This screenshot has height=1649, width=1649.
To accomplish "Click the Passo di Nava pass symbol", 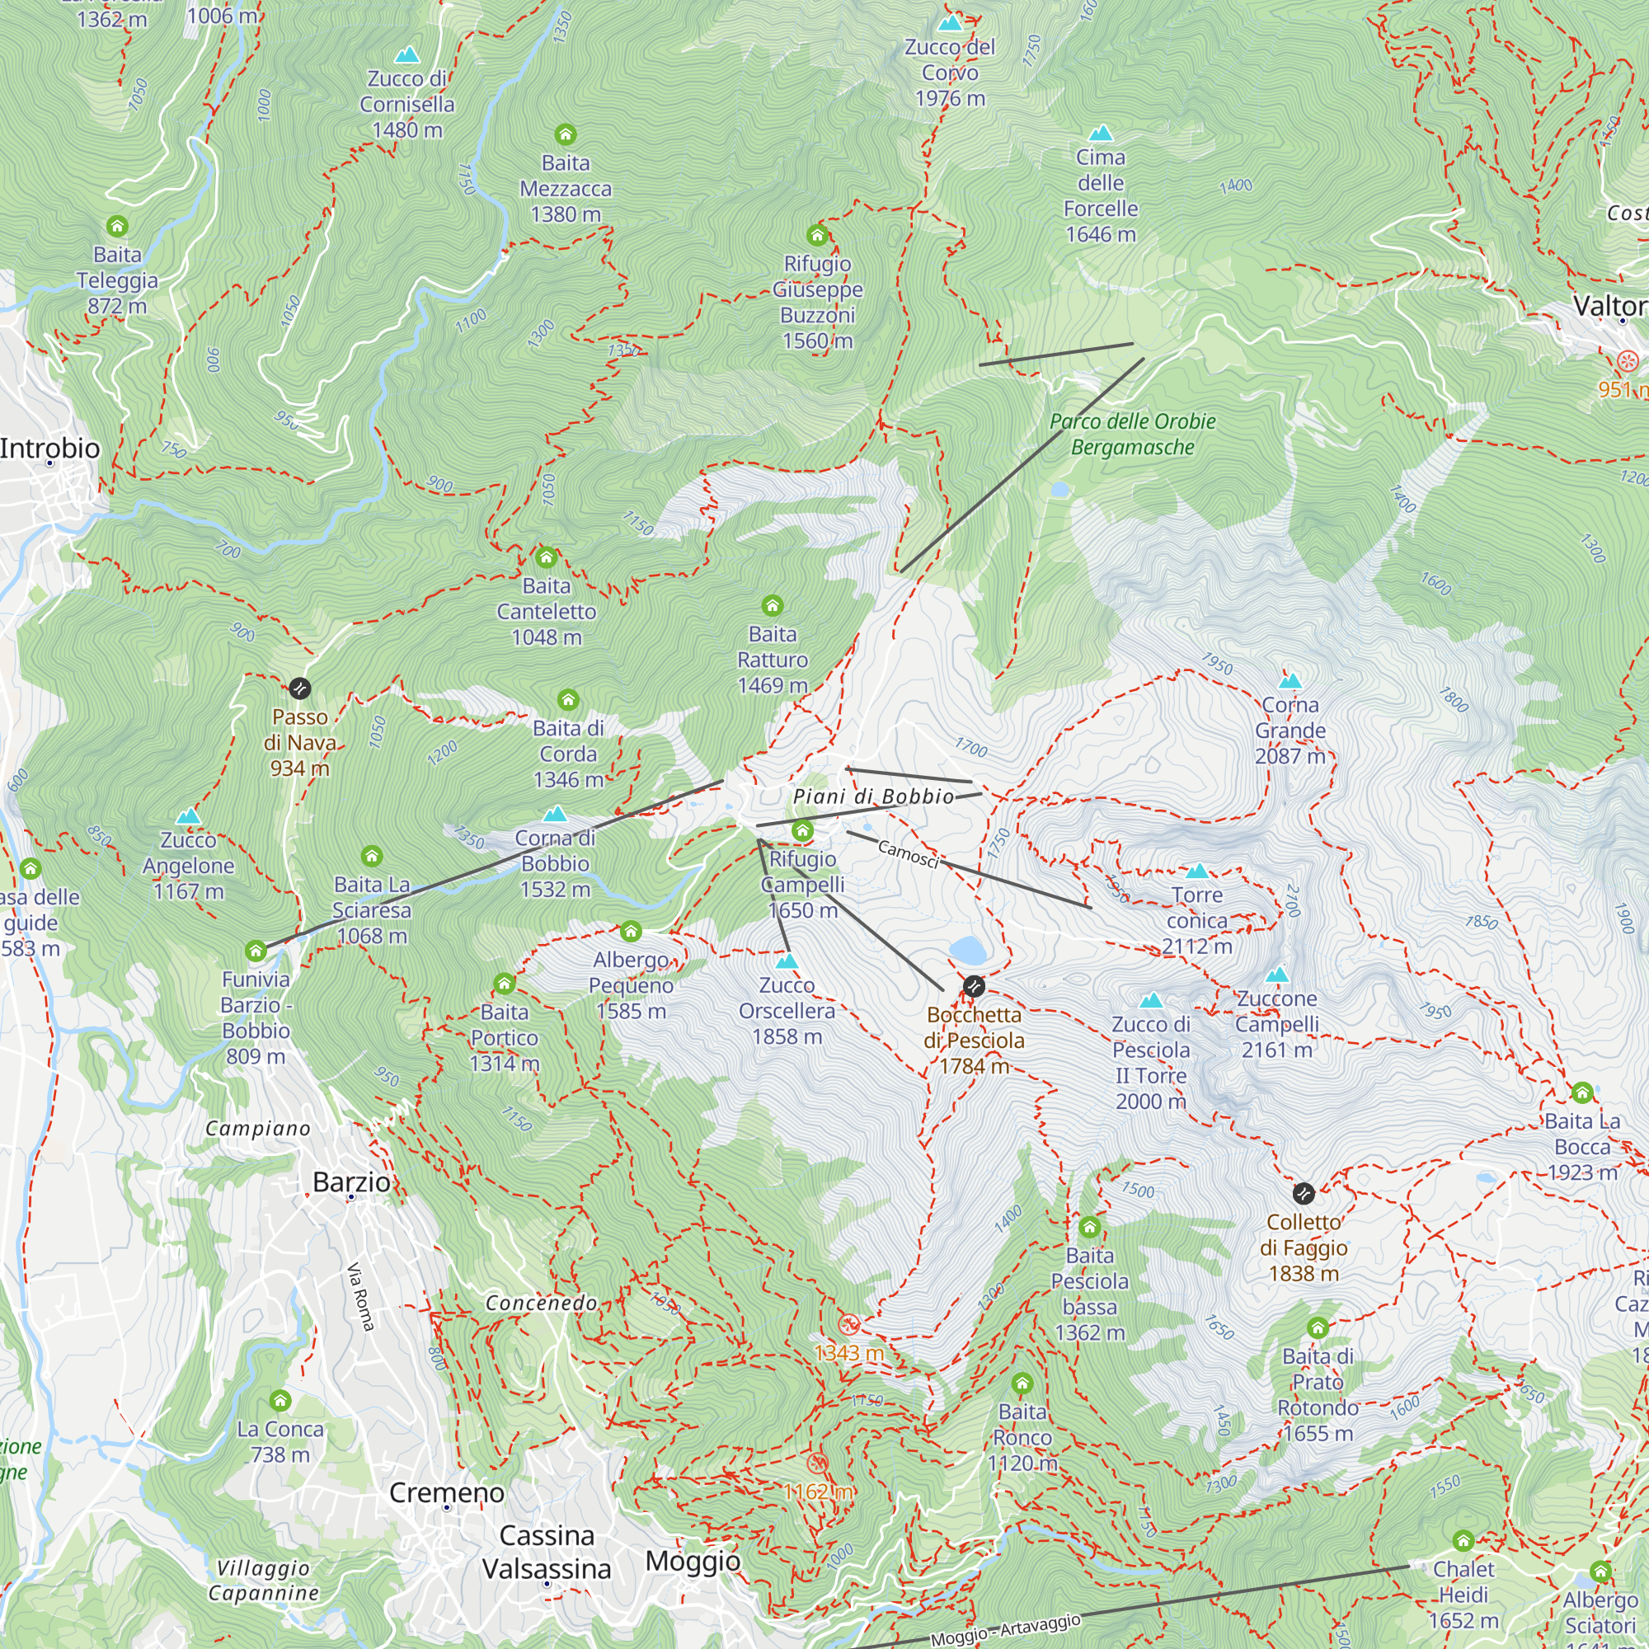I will coord(299,688).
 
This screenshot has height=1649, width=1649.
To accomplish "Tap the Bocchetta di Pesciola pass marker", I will coord(974,987).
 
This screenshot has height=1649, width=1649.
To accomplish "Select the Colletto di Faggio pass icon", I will coord(1304,1193).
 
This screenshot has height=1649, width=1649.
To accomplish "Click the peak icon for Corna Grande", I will coord(1290,680).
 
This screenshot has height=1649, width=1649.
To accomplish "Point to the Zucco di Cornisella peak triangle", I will coord(407,54).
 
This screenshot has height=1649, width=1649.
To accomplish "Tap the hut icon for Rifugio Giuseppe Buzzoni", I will coord(817,235).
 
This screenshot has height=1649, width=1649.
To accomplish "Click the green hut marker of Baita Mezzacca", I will coord(565,134).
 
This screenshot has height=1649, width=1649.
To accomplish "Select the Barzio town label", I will coord(350,1182).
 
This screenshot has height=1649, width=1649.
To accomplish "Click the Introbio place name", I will coord(49,448).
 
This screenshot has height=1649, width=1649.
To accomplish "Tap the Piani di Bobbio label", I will coord(873,796).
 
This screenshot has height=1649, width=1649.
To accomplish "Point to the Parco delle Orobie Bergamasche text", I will coord(1132,434).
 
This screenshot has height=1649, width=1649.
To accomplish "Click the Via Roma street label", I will coord(361,1297).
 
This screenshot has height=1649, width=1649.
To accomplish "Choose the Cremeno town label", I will coord(446,1493).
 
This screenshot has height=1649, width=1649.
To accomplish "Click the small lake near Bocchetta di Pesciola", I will coord(966,949).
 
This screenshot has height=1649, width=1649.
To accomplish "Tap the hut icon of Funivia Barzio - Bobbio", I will coord(256,951).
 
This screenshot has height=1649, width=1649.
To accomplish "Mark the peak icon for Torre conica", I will coord(1197,871).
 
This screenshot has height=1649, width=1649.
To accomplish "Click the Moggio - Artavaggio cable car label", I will coord(1005,1629).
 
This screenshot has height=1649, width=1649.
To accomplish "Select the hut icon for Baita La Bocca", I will coord(1581,1092).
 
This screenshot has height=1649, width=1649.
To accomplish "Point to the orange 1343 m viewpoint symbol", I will coord(848,1324).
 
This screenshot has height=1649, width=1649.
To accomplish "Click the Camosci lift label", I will coord(908,853).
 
